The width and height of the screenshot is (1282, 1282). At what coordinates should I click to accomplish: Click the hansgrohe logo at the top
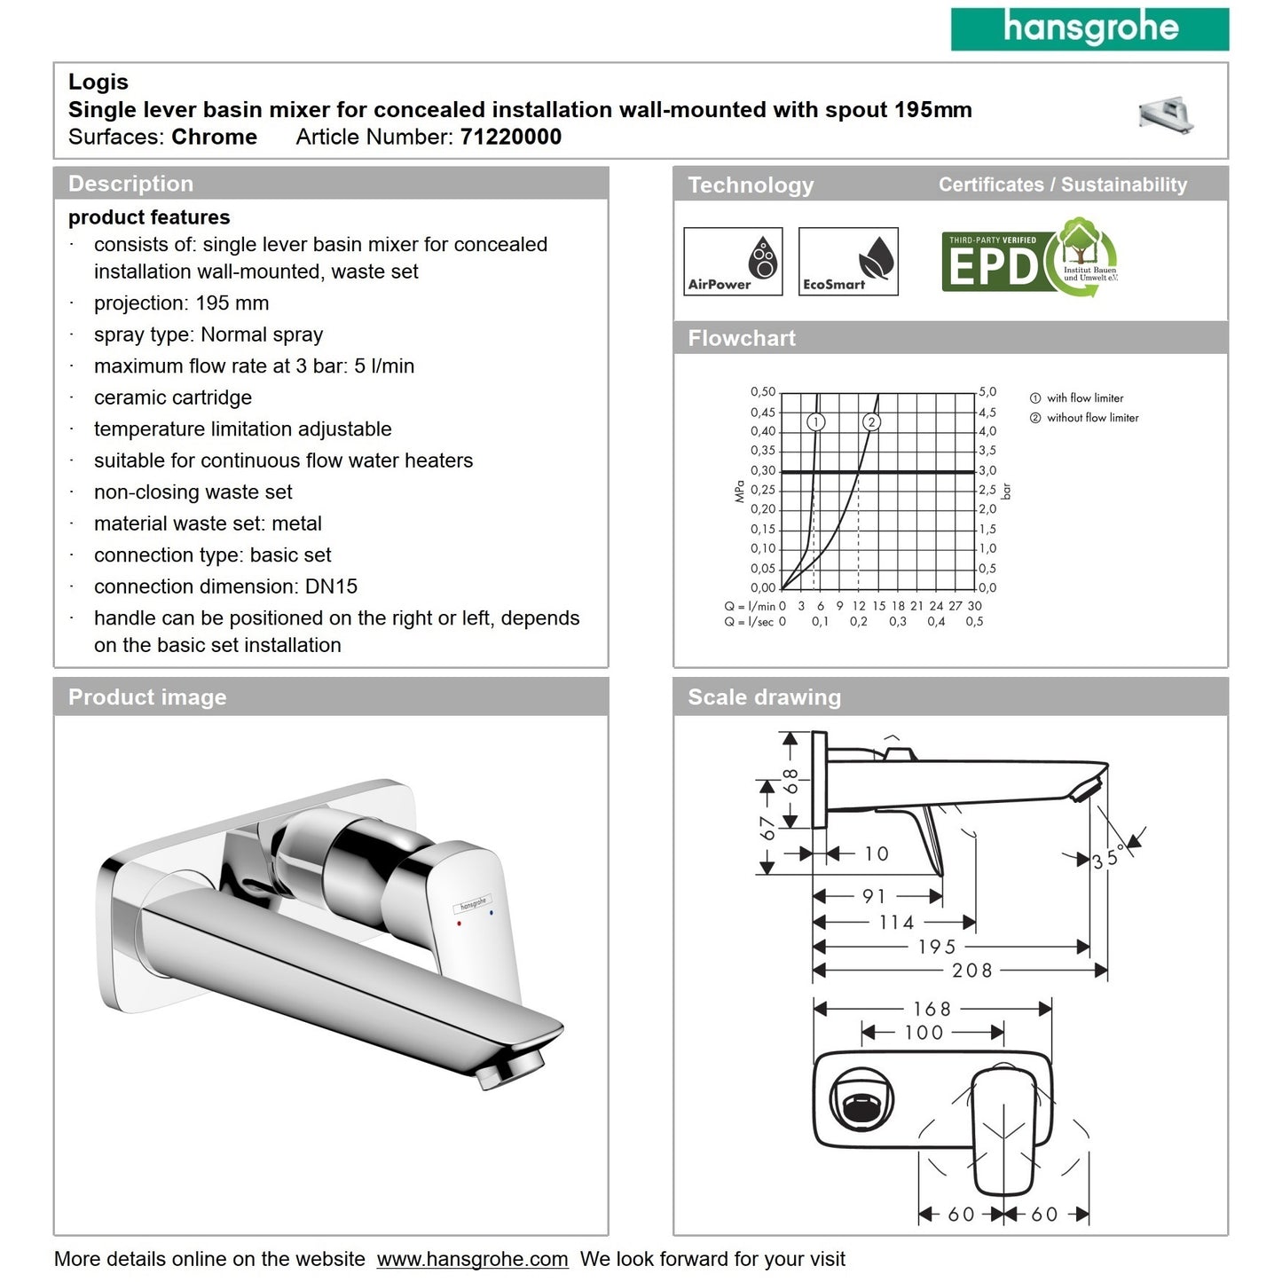(1089, 28)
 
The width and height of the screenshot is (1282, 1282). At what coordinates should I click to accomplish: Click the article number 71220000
(510, 137)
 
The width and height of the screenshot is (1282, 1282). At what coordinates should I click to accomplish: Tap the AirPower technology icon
(733, 261)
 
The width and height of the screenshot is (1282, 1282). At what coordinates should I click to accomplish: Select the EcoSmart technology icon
(848, 261)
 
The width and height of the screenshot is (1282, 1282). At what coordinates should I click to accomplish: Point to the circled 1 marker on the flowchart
(816, 422)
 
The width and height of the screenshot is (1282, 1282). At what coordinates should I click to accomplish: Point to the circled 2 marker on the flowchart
(871, 422)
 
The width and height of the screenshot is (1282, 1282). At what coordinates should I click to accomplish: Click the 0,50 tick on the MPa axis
(762, 392)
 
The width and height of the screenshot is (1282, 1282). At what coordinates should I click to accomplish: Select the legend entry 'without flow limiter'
(1092, 418)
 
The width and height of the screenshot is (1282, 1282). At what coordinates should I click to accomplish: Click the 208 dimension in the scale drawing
(972, 971)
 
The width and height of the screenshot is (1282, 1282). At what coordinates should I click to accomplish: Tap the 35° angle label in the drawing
(1108, 858)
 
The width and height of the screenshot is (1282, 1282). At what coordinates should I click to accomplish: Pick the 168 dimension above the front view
(932, 1009)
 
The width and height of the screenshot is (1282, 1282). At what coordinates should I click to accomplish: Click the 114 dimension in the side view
(896, 923)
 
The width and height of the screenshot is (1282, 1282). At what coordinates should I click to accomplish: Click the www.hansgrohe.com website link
(472, 1259)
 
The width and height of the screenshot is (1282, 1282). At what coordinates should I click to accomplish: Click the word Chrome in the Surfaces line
(214, 137)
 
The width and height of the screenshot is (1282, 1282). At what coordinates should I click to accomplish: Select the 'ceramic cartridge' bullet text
(173, 397)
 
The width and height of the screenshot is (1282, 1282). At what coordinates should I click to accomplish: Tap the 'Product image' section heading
(147, 697)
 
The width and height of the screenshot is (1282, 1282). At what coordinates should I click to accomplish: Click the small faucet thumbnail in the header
(1166, 114)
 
